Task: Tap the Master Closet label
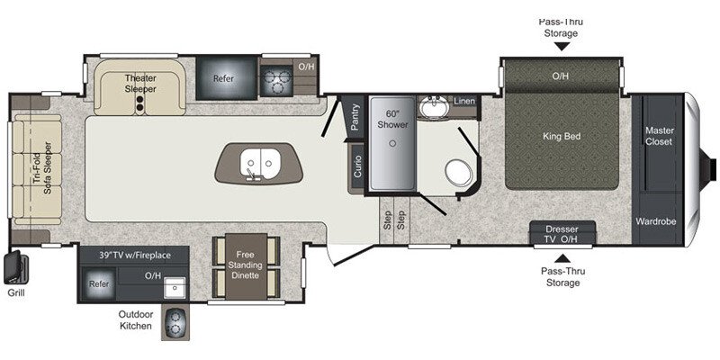point(660,136)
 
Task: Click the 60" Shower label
point(391,119)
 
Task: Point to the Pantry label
point(356,117)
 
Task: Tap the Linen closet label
point(464,101)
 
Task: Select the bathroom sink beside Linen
point(436,106)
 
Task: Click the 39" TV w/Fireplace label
point(132,256)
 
